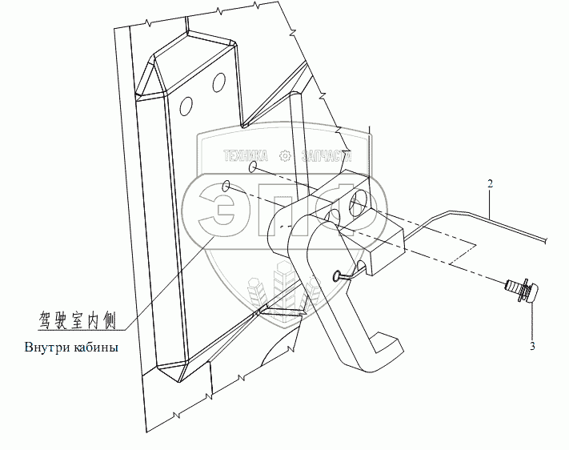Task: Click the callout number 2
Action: coord(489,184)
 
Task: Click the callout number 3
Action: coord(533,347)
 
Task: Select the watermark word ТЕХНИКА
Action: coord(246,156)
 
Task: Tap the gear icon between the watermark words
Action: coord(283,156)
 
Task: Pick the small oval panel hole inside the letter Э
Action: coord(226,187)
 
